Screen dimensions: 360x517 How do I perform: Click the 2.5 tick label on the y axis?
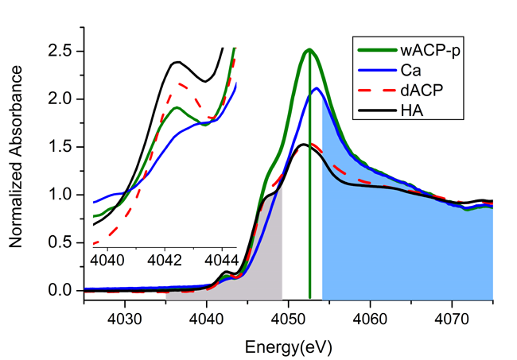[x=63, y=51]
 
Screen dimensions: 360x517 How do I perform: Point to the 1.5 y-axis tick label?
[x=63, y=147]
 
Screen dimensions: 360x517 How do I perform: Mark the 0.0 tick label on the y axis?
[x=63, y=291]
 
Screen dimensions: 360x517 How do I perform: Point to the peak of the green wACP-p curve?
[x=309, y=50]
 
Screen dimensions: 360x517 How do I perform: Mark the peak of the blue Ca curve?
[x=317, y=88]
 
